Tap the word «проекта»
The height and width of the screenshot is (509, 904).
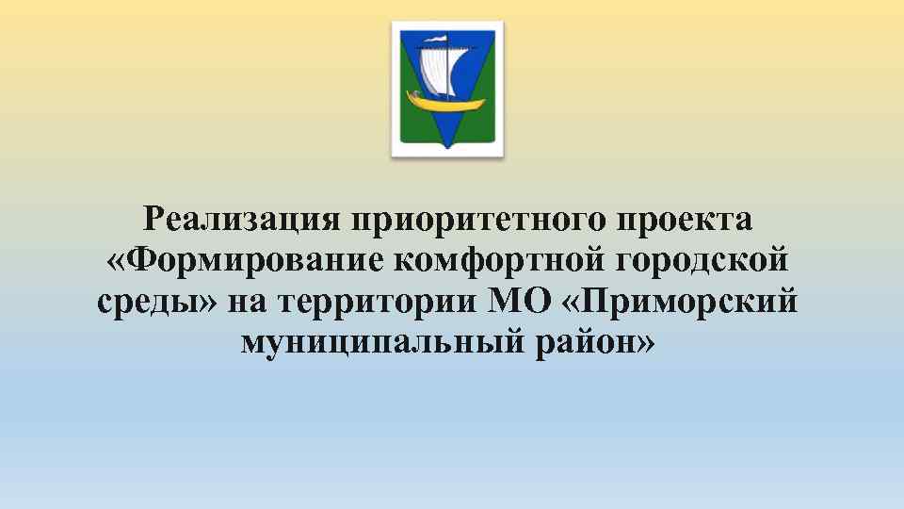tap(684, 220)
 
